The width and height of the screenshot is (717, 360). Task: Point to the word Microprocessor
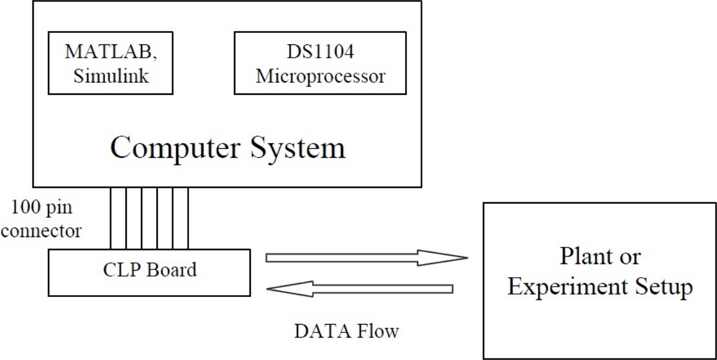[x=320, y=77]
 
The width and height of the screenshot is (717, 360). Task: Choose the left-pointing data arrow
[x=360, y=289]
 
